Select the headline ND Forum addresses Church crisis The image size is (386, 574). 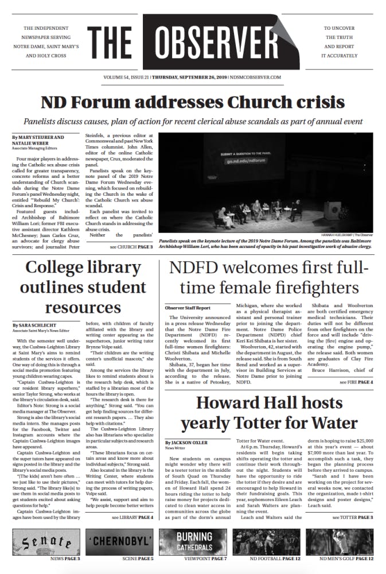point(193,102)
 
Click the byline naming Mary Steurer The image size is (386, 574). point(38,138)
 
